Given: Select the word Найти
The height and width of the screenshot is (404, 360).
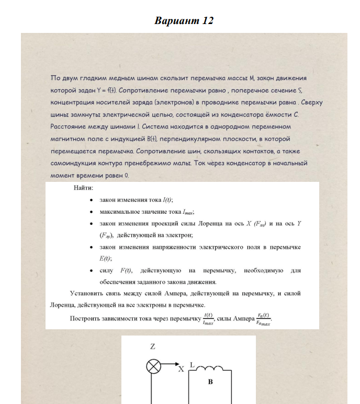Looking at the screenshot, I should (x=84, y=188).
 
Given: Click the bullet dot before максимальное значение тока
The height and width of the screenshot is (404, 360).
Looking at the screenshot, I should (x=92, y=212).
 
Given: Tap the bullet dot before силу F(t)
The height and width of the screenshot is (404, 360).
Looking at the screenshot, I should (x=92, y=270).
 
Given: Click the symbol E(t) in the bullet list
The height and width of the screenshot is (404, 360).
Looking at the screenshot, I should (x=106, y=258).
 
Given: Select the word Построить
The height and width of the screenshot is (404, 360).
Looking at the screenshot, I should (x=87, y=318).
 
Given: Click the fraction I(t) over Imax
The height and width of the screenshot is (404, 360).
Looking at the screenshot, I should (x=208, y=318).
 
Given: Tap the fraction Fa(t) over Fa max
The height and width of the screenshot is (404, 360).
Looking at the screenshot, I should (x=263, y=318).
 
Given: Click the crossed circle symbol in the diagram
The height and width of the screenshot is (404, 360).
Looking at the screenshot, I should (x=153, y=366).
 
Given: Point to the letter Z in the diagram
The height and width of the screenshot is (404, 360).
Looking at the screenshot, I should (x=153, y=347).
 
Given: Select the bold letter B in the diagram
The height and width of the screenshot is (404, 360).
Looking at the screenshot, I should (x=210, y=382).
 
